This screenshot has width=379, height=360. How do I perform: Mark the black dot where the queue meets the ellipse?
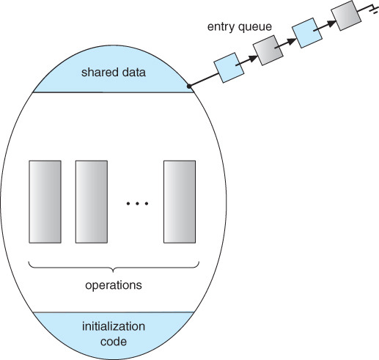tap(189, 86)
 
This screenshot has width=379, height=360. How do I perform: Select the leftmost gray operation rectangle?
tap(45, 199)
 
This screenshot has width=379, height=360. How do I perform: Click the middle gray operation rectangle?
tap(92, 199)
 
